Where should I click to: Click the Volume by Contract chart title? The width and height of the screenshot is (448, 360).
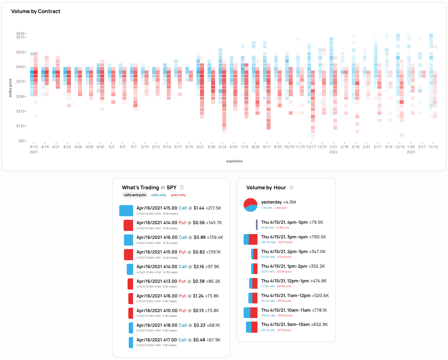coord(36,11)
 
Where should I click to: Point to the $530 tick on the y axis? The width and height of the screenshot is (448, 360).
coord(21,52)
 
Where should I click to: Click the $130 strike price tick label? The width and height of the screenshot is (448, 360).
coord(21,126)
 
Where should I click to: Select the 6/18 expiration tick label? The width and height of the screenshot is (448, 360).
coord(222,147)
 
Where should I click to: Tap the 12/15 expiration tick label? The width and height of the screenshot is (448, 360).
coord(433,147)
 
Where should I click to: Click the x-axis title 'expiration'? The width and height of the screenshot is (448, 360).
coord(234,161)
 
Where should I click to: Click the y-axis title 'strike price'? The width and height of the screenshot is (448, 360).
coord(11,88)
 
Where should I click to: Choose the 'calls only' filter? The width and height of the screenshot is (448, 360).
coord(158,195)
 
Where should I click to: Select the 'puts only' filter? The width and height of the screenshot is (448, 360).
coord(178,195)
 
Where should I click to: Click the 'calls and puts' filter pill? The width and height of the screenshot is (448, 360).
coord(135,195)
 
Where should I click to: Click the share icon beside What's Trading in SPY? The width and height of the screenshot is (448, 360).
coord(182,187)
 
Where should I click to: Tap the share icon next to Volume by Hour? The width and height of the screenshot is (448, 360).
coord(292,187)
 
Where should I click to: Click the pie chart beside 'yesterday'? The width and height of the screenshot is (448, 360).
coord(251,204)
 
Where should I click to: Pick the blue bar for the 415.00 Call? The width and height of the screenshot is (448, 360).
coord(126,211)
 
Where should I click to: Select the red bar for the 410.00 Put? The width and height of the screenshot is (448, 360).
coord(131,313)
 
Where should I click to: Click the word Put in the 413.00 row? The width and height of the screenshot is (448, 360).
coord(182,281)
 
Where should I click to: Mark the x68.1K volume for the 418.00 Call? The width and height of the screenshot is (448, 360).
coord(213,325)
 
